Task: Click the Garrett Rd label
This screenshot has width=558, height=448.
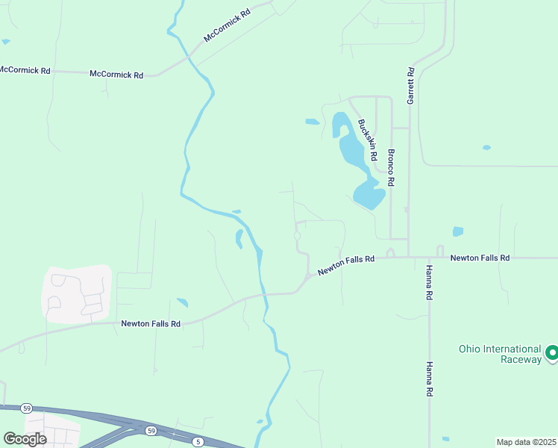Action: [410, 86]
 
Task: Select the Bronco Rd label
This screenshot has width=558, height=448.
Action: [390, 167]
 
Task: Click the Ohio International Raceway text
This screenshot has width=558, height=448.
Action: [500, 354]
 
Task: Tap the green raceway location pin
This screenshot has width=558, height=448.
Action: [552, 352]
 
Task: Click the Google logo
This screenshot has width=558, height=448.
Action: [25, 438]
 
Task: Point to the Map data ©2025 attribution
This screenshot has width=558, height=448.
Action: [527, 441]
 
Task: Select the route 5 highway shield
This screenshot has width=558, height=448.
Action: [198, 442]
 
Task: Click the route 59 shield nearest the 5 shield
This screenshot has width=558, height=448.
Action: [151, 431]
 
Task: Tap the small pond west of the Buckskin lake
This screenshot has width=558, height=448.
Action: [312, 122]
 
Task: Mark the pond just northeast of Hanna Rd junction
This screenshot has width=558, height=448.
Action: [457, 231]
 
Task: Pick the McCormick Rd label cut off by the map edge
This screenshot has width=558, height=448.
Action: [24, 70]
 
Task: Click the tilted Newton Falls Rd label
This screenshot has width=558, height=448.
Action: [345, 265]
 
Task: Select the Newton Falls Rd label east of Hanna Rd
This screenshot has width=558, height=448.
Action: [480, 258]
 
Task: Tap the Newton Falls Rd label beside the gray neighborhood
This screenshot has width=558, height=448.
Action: [151, 323]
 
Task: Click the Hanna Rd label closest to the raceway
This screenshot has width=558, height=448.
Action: [430, 379]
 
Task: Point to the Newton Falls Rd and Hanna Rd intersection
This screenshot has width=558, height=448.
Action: [428, 258]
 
